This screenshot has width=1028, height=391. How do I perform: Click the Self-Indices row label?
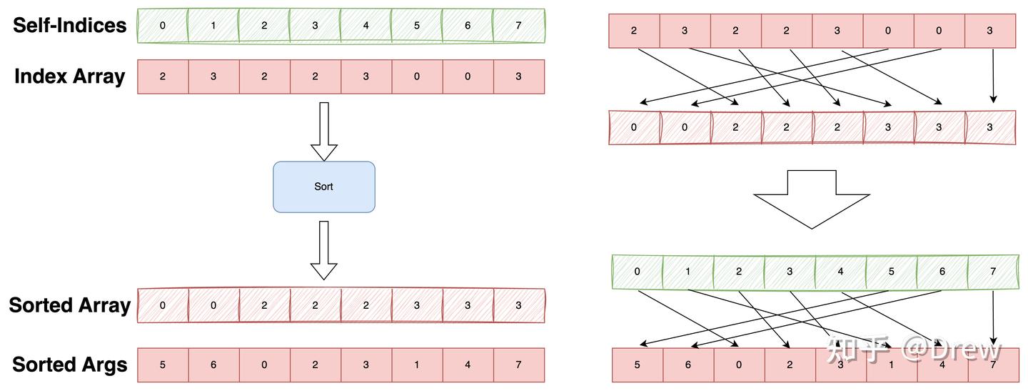click(69, 26)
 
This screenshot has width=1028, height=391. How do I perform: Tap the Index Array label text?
click(69, 76)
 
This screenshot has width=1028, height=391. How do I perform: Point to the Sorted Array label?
click(69, 305)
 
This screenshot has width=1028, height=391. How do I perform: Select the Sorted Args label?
click(69, 365)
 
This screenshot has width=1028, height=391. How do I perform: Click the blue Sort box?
click(323, 187)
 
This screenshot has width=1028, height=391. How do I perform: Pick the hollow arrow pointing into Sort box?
click(323, 131)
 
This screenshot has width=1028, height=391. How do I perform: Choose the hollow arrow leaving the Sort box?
click(323, 249)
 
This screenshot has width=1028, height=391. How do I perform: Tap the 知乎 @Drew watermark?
click(914, 350)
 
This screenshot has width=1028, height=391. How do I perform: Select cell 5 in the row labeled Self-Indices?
click(417, 26)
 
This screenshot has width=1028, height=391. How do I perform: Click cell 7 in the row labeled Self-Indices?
click(519, 26)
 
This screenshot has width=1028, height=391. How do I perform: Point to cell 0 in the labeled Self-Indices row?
click(163, 26)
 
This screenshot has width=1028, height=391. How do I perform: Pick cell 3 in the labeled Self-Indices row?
click(315, 26)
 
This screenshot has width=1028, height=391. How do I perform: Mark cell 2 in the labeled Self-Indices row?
click(264, 26)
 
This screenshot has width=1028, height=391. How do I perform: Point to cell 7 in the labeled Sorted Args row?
click(519, 365)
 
